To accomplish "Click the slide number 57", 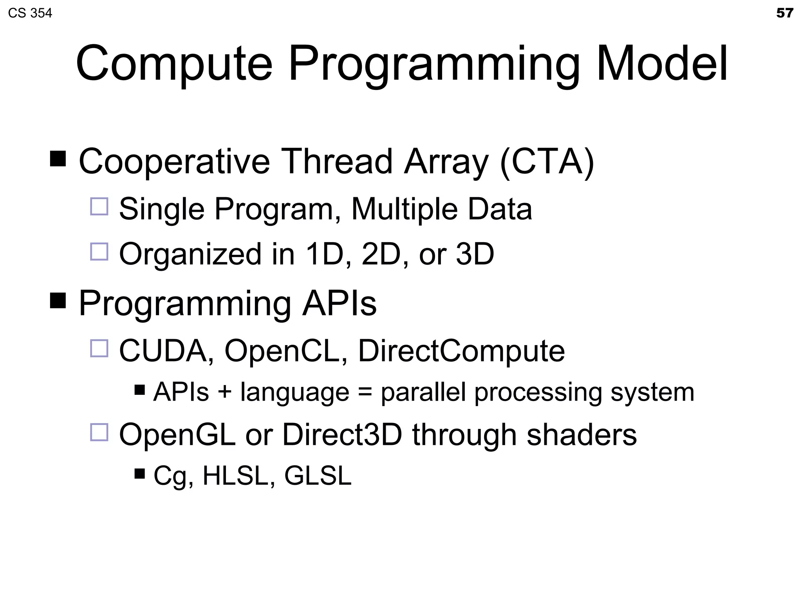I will pos(784,13).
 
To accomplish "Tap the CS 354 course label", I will pos(30,13).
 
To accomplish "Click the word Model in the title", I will pos(661,63).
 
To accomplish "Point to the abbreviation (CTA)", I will pos(547,162).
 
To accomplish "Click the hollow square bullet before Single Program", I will pos(99,206).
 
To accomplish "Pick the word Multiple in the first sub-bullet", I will pos(404,209).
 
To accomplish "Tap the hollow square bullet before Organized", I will pos(99,252).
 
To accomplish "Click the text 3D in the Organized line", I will pos(475,254).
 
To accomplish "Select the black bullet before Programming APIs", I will pos(58,300).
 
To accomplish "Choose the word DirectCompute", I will pos(461,351).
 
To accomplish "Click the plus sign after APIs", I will pos(225,392).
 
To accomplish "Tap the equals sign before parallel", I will pos(365,392).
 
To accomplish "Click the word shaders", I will pos(582,435).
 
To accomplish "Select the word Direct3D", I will pos(342,435).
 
